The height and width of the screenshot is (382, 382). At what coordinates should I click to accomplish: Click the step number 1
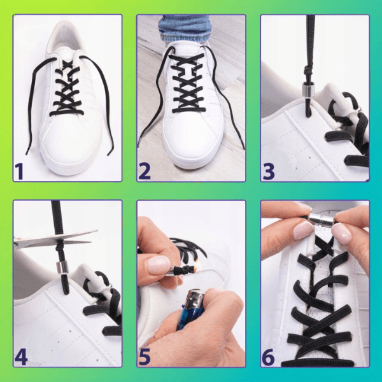19,171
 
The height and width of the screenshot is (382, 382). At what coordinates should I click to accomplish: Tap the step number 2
145,171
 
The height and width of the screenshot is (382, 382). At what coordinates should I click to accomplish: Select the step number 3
269,171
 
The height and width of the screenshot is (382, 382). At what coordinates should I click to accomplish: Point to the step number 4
21,357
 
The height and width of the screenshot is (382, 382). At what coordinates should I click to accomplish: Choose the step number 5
145,357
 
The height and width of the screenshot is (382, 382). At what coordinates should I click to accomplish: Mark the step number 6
269,357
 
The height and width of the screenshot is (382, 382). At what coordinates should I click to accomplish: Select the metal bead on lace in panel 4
60,268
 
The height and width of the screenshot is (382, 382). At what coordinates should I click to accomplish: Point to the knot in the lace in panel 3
308,70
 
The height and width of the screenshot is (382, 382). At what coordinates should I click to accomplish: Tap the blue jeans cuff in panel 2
184,29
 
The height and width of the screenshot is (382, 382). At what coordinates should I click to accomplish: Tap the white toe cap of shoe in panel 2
192,144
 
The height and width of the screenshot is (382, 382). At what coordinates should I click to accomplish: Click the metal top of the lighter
195,299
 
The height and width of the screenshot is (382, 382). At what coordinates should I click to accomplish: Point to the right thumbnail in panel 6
342,234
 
